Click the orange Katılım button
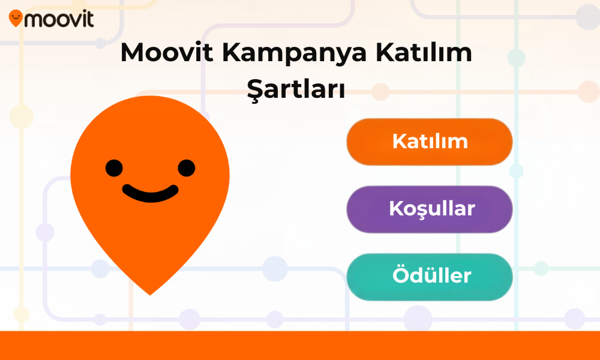point(430,142)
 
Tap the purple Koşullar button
point(430,209)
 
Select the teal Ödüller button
point(430,277)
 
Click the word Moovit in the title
point(167,52)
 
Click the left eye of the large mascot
point(114,168)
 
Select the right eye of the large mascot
point(187,168)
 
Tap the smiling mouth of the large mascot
point(151,194)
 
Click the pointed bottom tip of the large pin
point(150,295)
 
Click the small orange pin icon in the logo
point(16,18)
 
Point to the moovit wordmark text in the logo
point(59,19)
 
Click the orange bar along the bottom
point(300,346)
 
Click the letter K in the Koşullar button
point(396,209)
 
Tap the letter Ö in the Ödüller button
point(401,274)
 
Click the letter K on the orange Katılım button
point(399,141)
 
